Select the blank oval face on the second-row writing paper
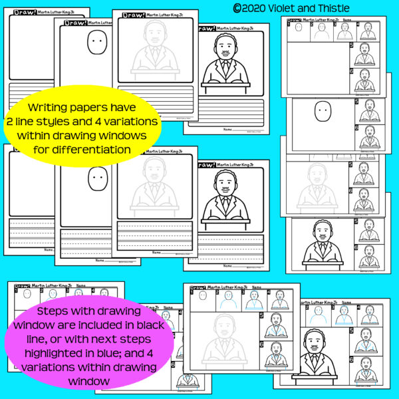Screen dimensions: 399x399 point(97,179)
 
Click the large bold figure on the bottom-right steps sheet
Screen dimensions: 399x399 point(313,359)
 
